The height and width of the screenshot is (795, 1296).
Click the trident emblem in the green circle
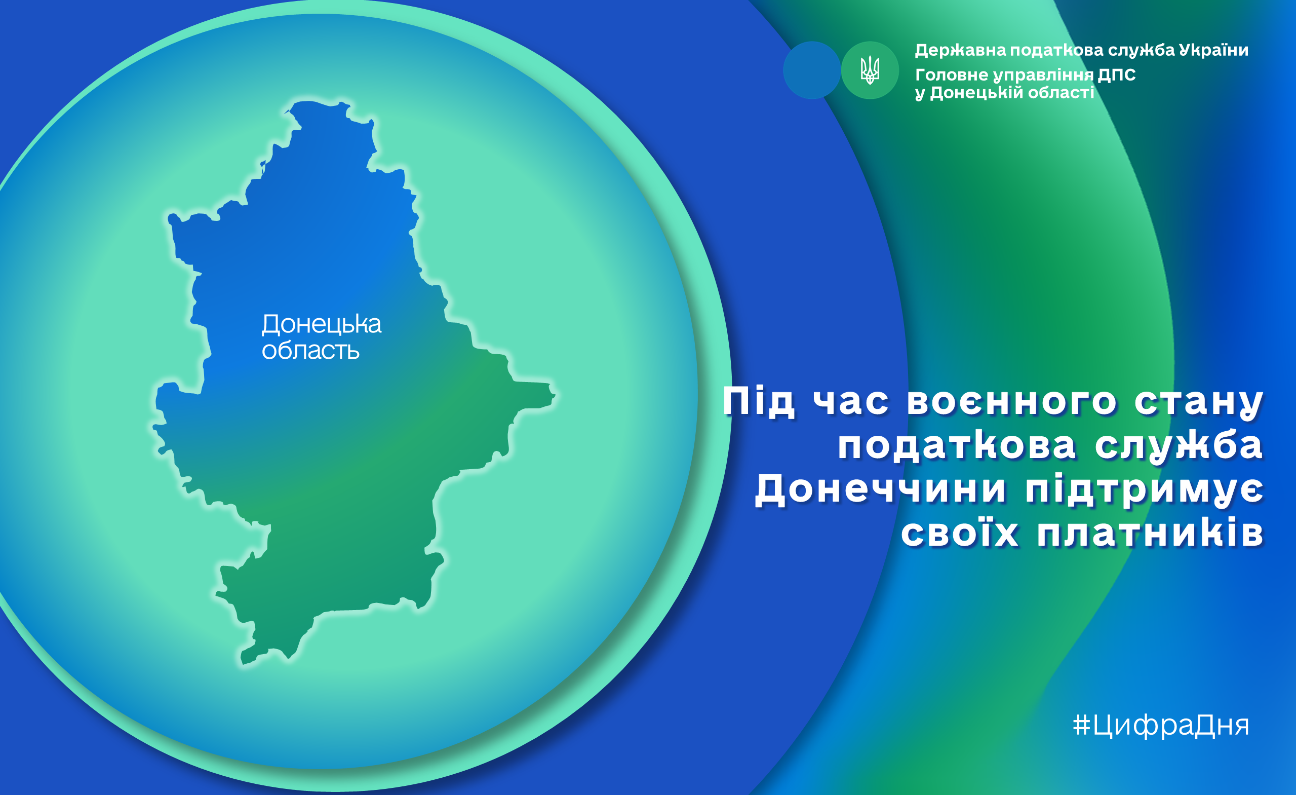(870, 70)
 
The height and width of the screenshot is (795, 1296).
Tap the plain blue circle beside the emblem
(811, 70)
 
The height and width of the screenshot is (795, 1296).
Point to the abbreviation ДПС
(1117, 74)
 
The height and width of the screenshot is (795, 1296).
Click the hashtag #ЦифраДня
(1161, 725)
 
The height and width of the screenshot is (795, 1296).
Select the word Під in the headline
(759, 402)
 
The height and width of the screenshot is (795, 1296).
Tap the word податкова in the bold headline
(957, 447)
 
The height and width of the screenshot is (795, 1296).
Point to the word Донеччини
(881, 489)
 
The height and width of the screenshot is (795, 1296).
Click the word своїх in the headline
(959, 533)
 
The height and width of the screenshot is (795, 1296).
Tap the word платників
(1150, 533)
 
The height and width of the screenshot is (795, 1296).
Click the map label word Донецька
(322, 324)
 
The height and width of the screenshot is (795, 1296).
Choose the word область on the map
(310, 350)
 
